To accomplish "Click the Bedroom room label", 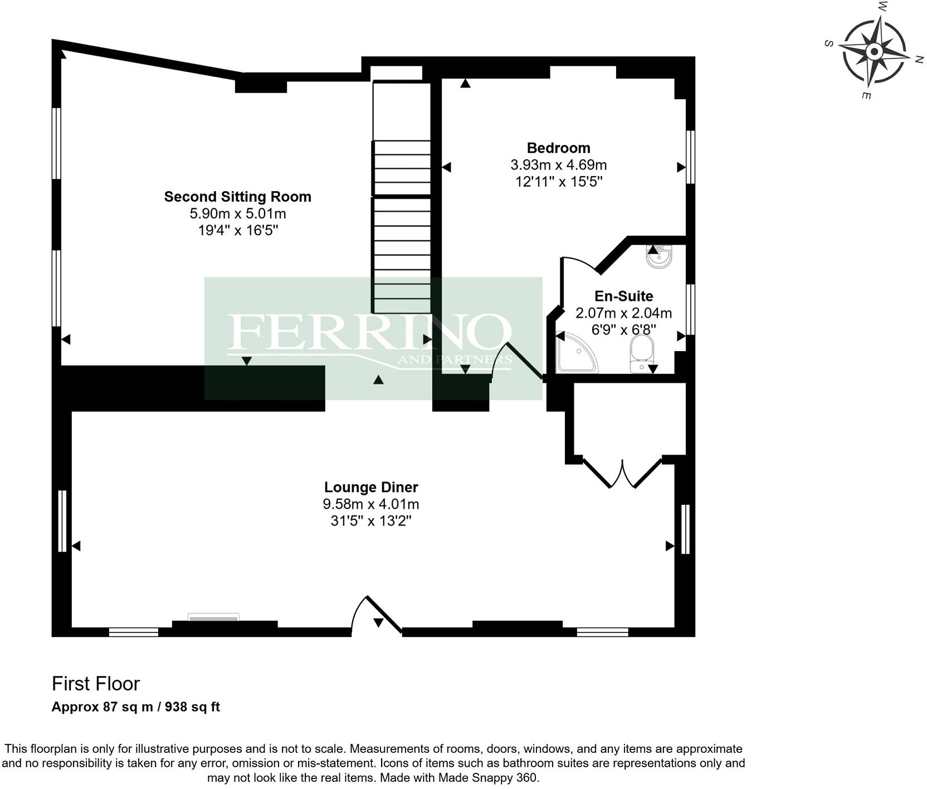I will (x=558, y=148).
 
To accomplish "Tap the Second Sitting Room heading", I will (x=237, y=197).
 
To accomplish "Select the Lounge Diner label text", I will (x=371, y=488).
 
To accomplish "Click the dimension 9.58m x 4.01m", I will (x=371, y=504).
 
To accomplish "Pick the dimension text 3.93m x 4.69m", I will (x=558, y=165).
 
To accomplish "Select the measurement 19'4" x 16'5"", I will (x=237, y=230).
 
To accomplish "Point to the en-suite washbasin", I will (x=660, y=257).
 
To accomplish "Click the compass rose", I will (x=874, y=52).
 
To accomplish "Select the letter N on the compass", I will (x=919, y=60).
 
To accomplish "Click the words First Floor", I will (x=96, y=684).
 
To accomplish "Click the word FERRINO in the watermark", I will (x=369, y=332).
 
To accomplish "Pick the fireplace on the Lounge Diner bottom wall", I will (x=214, y=617).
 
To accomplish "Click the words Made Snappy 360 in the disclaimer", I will (x=487, y=778).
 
